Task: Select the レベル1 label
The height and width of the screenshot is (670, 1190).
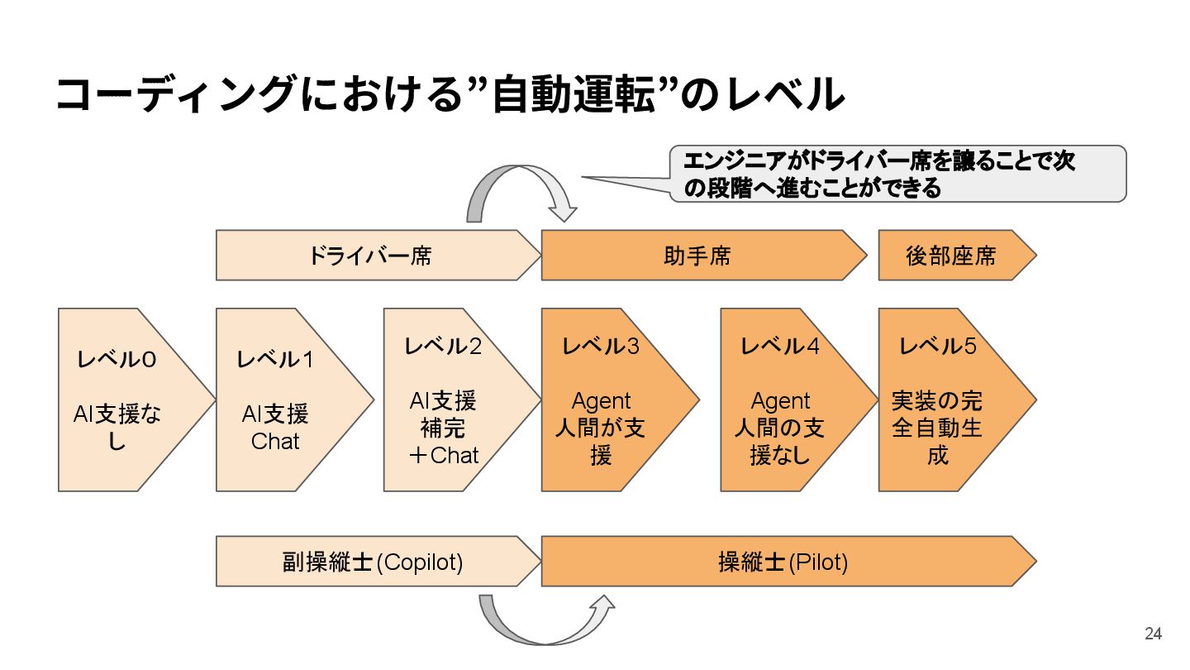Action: click(x=275, y=360)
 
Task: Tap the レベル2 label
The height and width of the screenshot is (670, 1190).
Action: click(x=443, y=346)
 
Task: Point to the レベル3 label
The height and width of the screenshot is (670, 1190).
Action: click(x=601, y=346)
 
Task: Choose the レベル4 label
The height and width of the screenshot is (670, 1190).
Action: click(x=780, y=346)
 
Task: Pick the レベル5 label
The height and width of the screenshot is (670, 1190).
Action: click(x=938, y=346)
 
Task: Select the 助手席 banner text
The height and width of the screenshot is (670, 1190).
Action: click(x=697, y=256)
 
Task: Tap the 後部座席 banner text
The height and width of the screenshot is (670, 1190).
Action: click(x=951, y=256)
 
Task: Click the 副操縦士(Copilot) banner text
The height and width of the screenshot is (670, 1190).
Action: click(x=373, y=562)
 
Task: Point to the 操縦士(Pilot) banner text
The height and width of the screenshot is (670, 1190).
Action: click(x=783, y=562)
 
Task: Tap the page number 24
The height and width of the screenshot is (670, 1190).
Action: click(x=1153, y=634)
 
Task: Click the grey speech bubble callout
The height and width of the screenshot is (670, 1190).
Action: click(x=897, y=174)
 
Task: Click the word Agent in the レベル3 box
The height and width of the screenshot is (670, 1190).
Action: click(x=601, y=401)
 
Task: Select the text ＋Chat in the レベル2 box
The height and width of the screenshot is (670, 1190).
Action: click(x=443, y=454)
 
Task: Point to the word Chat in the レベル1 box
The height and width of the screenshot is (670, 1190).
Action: click(x=275, y=441)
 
